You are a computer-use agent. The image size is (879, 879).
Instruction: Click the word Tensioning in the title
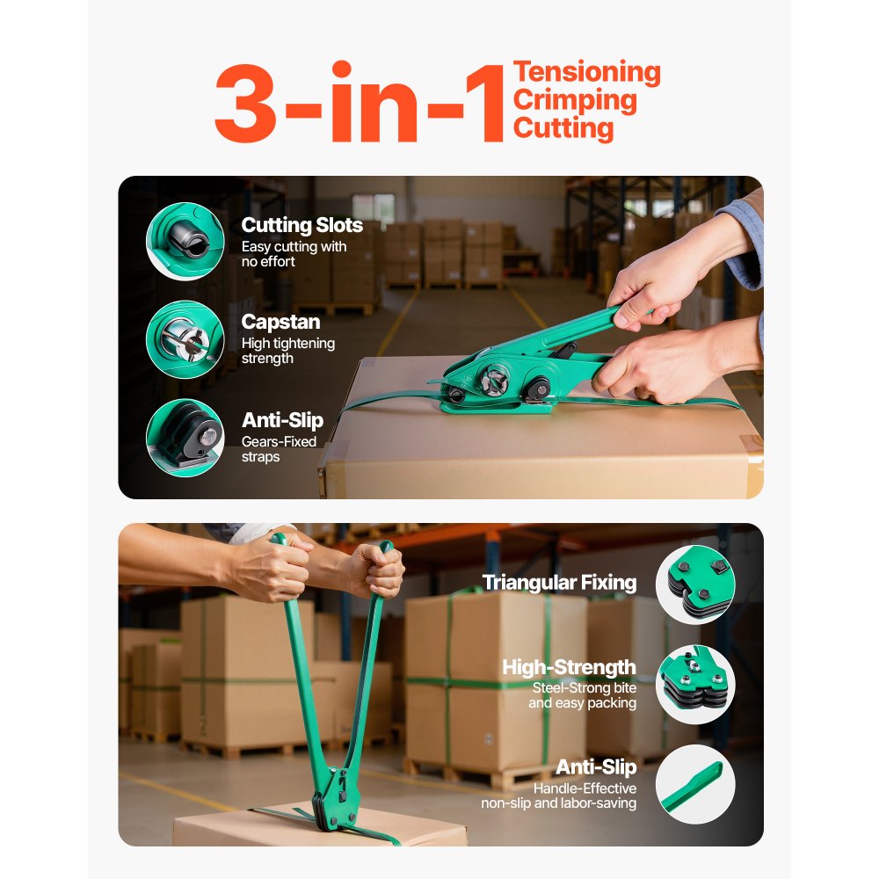pos(586,72)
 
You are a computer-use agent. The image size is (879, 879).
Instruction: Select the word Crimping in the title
pos(575,100)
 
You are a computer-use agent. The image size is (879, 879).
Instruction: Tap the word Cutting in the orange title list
pos(563,128)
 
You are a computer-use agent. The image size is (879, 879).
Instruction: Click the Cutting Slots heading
pos(301,226)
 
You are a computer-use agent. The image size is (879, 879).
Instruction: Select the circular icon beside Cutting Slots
pos(185,241)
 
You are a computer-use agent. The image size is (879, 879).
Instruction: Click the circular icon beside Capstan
pos(185,339)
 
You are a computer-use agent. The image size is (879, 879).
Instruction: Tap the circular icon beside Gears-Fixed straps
pos(185,438)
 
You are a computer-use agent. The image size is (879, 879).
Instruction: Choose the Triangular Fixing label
pos(559,582)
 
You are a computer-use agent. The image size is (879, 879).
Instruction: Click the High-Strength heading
pos(569,667)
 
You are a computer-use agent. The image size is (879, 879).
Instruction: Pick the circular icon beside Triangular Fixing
pos(695,585)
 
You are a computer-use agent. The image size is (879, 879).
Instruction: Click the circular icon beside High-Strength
pos(695,685)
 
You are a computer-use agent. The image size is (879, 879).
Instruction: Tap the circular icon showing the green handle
pos(695,784)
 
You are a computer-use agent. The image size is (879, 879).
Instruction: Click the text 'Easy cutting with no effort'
pos(294,254)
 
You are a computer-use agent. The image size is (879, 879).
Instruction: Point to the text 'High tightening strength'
pos(287,351)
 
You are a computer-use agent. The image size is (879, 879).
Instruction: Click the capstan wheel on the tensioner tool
pos(491,381)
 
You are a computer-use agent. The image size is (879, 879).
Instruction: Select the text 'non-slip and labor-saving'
pos(558,803)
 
